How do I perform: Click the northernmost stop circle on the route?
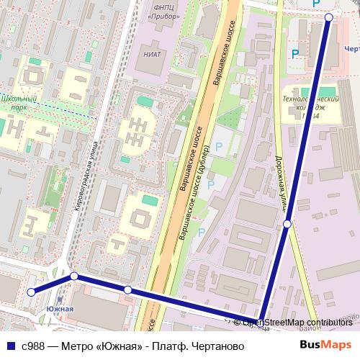click(x=329, y=17)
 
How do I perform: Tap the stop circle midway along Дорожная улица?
click(x=287, y=224)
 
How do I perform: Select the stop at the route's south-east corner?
click(x=261, y=322)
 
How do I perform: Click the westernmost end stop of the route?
click(x=31, y=292)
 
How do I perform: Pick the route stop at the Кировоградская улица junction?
click(x=74, y=276)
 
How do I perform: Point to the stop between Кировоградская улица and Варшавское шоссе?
click(x=127, y=289)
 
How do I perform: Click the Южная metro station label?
click(x=60, y=309)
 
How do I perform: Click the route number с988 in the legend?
click(x=34, y=346)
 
